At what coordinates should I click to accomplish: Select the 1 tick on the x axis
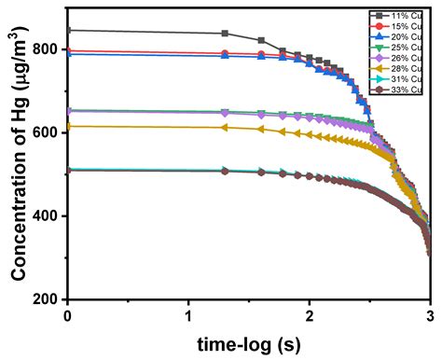coord(188,315)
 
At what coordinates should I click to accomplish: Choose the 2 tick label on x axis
coord(309,315)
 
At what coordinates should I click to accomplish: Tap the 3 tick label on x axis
coord(429,315)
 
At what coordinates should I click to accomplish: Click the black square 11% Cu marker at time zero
coord(68,31)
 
